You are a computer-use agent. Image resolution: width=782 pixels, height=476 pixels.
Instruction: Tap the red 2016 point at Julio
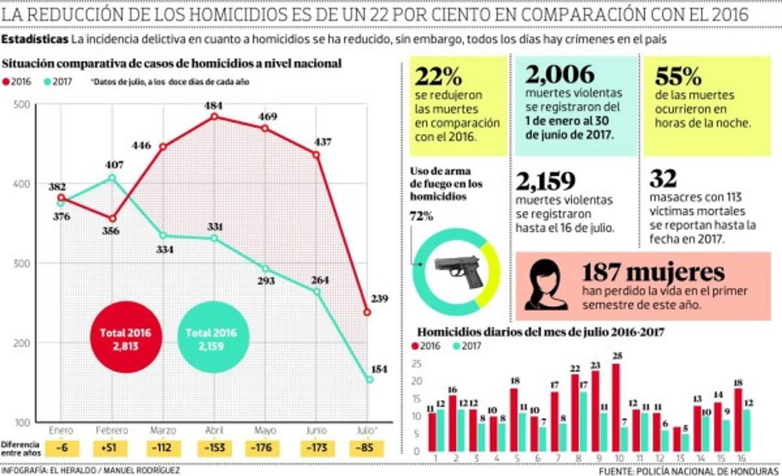click(x=368, y=312)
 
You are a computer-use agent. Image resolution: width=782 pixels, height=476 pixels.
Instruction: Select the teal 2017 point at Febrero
click(x=112, y=177)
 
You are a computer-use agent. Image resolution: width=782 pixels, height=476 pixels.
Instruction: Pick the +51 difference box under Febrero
click(x=112, y=449)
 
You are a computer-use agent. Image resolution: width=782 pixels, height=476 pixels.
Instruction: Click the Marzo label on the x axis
click(x=163, y=431)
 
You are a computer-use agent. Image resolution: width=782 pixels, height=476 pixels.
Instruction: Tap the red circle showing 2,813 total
click(x=125, y=338)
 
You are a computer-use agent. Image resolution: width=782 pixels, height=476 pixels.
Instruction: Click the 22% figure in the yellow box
click(x=439, y=77)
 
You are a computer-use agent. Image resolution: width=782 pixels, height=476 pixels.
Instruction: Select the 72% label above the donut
click(x=421, y=216)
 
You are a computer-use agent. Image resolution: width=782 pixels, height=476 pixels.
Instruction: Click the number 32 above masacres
click(x=663, y=179)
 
